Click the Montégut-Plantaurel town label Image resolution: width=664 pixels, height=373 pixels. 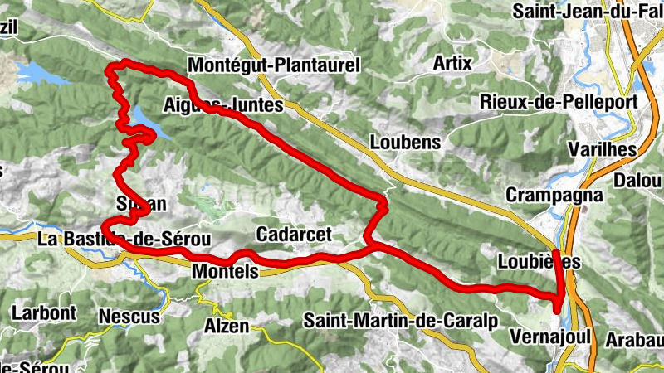click(273, 65)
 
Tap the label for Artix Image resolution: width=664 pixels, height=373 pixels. click(452, 63)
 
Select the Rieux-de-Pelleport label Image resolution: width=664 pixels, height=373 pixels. click(558, 102)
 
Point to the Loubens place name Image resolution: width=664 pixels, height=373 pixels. click(405, 143)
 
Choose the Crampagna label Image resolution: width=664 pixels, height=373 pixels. click(542, 196)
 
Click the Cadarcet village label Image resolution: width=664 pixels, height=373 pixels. click(287, 233)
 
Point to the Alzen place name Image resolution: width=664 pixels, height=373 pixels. click(227, 326)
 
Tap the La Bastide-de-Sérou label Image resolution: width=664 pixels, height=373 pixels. click(124, 240)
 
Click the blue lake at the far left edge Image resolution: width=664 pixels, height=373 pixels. click(37, 74)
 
